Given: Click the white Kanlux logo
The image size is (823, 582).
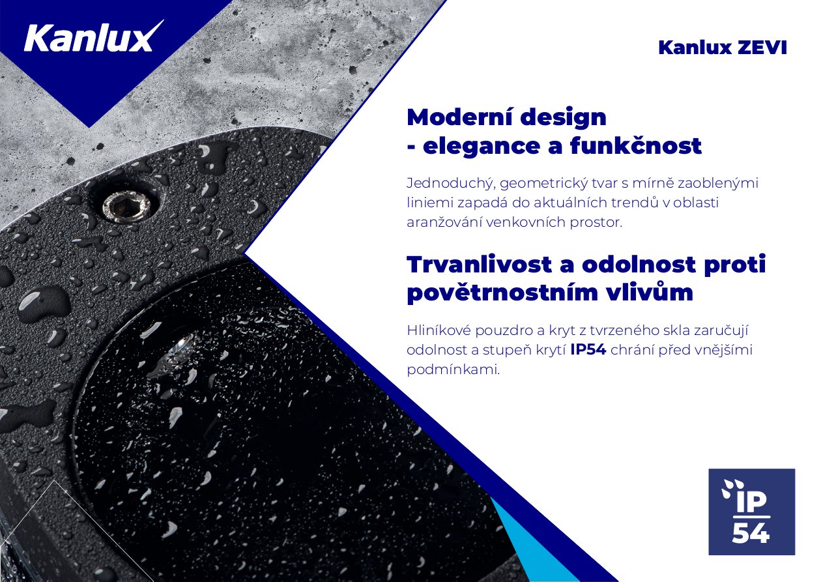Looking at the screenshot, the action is click(x=94, y=37).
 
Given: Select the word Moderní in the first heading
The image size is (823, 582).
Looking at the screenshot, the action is click(x=459, y=117).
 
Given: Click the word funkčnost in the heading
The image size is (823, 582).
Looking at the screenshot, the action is click(x=635, y=145).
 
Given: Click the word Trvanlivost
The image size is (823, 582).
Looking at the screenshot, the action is click(x=479, y=265).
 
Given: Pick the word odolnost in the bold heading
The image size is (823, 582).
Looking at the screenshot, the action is click(x=639, y=265).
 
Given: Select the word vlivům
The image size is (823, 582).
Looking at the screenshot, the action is click(x=649, y=293).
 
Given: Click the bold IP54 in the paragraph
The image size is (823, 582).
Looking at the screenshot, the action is click(x=588, y=350).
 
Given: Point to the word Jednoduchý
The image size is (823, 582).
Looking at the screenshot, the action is click(x=450, y=183).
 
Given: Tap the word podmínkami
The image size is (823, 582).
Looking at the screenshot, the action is click(x=454, y=370).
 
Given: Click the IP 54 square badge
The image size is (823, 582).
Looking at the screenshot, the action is click(x=752, y=512).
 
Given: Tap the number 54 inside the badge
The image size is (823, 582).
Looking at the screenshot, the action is click(x=751, y=532).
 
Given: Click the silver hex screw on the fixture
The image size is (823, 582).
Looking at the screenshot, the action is click(x=128, y=207).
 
